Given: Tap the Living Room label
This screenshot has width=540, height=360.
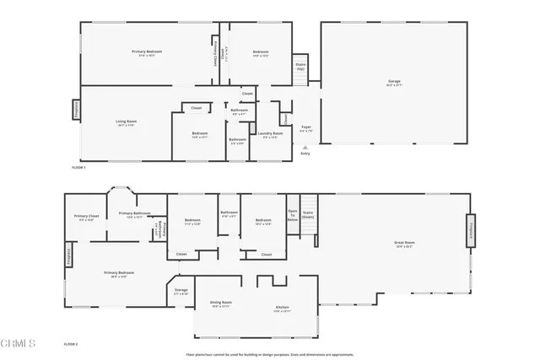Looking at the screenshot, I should point(127,122).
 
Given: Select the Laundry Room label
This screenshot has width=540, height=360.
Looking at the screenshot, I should point(270,133).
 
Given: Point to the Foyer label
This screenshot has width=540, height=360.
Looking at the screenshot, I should point(306,128).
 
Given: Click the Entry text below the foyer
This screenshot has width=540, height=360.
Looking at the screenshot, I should point(305,153).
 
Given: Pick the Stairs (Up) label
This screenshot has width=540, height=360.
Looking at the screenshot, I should point(300,66).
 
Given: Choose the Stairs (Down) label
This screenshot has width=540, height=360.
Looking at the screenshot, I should point(308,214).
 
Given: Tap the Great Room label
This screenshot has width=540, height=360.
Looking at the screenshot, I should point(403,244).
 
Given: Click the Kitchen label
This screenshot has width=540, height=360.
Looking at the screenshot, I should point(282,308).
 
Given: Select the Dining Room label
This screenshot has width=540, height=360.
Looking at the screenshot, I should point(221,303).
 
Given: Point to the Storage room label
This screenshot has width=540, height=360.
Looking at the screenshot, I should point(181,291).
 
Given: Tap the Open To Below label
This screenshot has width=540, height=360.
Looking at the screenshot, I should point(293,214).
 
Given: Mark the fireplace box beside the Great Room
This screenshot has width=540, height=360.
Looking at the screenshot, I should point(469,230).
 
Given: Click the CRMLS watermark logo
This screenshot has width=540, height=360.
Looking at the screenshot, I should point(19,344).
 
